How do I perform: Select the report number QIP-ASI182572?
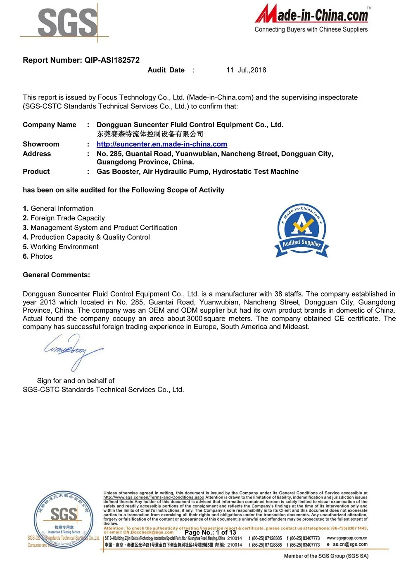(x=112, y=60)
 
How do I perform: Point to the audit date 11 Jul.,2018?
(x=246, y=70)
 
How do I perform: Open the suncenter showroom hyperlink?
(x=161, y=144)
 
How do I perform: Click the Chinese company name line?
(x=150, y=134)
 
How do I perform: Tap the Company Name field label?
(x=50, y=125)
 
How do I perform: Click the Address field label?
(x=37, y=154)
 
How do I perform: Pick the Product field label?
(x=36, y=172)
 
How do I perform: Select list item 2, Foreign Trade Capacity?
(x=64, y=218)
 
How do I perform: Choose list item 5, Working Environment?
(x=61, y=247)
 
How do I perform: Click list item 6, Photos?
(x=38, y=257)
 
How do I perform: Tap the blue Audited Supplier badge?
(x=301, y=231)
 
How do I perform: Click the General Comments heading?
(x=56, y=275)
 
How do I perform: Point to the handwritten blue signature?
(x=73, y=351)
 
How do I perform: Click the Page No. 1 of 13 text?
(x=210, y=533)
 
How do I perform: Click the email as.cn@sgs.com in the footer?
(x=350, y=545)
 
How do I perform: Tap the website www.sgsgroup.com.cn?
(x=347, y=538)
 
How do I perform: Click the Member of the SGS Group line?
(x=326, y=556)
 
